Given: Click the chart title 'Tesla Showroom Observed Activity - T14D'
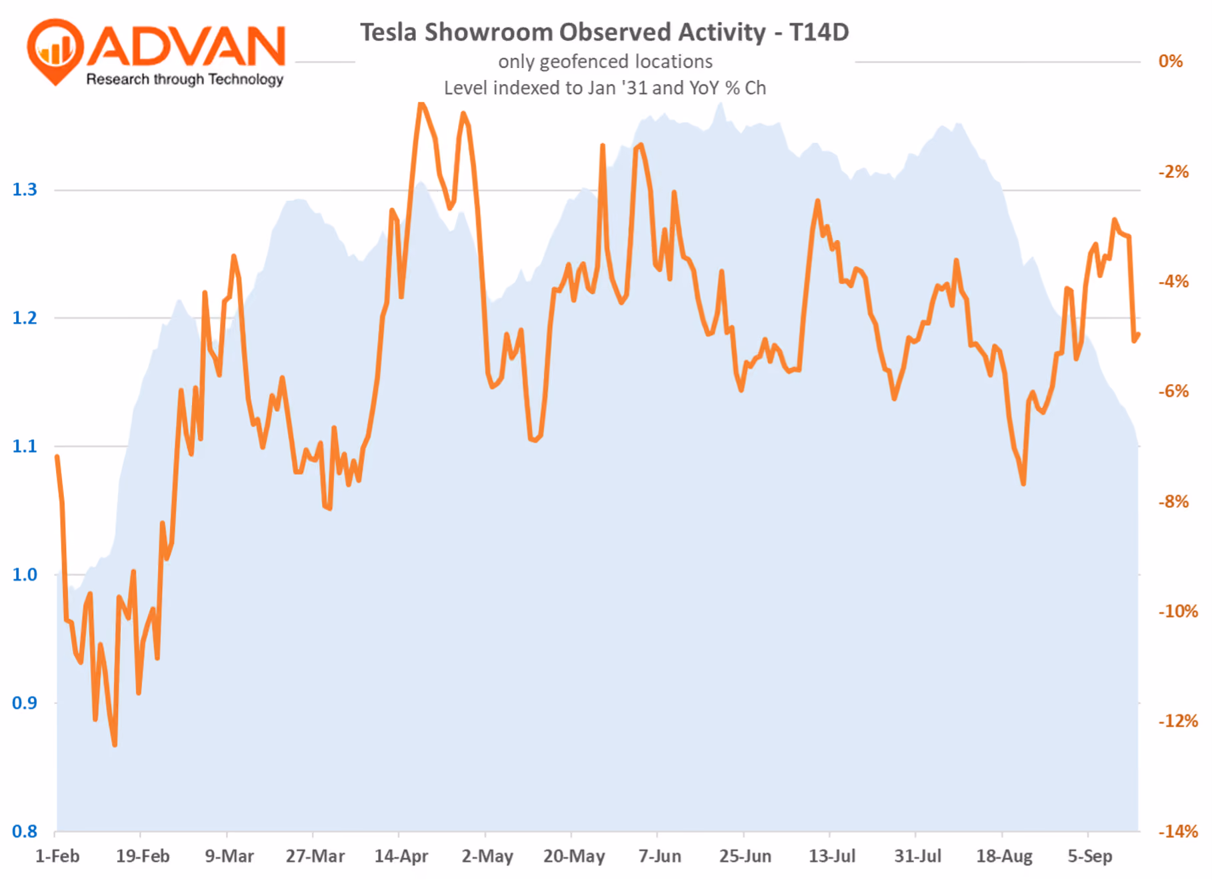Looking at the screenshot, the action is [x=604, y=32].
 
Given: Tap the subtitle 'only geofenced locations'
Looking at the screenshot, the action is [x=605, y=61].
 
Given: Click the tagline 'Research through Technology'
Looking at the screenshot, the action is [x=185, y=79].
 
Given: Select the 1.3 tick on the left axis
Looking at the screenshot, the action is [x=25, y=190].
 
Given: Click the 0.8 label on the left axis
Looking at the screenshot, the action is [x=25, y=831].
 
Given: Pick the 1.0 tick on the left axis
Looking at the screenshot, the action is [x=25, y=575].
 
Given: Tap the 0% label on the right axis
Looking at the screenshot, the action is [x=1171, y=61].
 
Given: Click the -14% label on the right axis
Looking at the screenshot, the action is [x=1178, y=831].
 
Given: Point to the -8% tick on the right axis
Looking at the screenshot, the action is [x=1174, y=501].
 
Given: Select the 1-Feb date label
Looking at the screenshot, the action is [x=57, y=856].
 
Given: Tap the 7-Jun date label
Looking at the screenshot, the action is [x=660, y=856].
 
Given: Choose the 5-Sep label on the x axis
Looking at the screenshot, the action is [x=1090, y=856].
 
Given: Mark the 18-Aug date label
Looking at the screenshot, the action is [x=1004, y=856].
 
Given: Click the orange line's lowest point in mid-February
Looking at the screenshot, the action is [x=115, y=744].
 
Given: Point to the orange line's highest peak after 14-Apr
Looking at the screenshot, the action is [x=421, y=103].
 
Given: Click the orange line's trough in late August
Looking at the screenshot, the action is [x=1023, y=483].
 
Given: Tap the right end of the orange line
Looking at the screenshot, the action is [x=1138, y=335].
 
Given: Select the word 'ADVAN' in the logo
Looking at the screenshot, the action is [x=187, y=46].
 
